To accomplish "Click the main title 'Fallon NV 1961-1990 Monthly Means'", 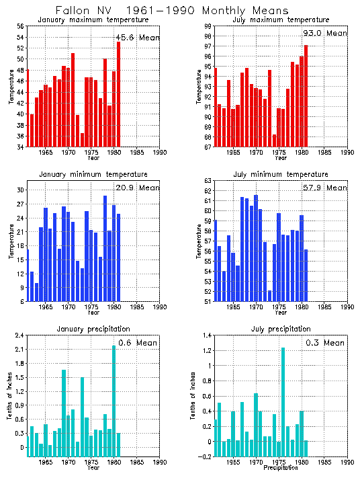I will tap(172, 11).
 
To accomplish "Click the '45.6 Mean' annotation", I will tap(138, 38).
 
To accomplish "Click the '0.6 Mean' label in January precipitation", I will tap(139, 343).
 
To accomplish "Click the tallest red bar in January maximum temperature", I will tap(119, 94).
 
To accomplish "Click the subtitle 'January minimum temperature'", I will tap(93, 175).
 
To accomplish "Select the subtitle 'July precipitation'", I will tap(280, 329).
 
